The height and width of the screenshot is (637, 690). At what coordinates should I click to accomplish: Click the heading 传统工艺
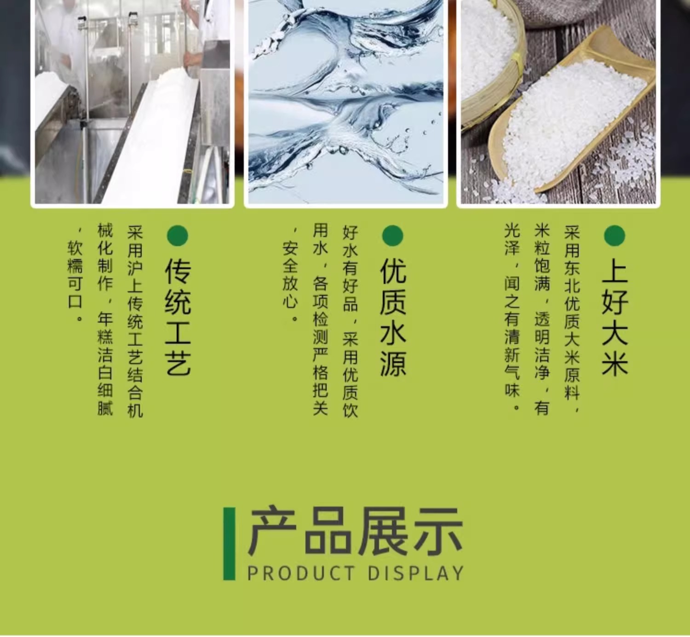pos(178,318)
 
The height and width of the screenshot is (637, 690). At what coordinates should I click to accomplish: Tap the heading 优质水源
pos(393,318)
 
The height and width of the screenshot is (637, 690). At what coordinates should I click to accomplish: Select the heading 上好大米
pos(615,318)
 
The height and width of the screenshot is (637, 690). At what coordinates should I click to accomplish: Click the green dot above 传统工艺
pos(178,235)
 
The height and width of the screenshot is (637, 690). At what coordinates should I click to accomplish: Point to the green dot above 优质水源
pos(392,235)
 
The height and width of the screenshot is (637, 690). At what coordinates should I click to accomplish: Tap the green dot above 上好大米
pos(615,235)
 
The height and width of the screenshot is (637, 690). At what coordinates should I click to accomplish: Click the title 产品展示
pos(355,532)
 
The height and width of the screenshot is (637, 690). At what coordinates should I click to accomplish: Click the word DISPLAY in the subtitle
pos(415,573)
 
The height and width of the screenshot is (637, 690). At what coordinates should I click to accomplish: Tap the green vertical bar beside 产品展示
pos(229,544)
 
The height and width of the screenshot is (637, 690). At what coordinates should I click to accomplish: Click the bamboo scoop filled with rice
pos(570,115)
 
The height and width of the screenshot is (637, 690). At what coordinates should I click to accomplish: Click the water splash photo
pos(346,102)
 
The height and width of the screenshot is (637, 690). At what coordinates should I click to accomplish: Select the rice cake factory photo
pos(132,102)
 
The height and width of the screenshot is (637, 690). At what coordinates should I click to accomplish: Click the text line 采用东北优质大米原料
pos(571,318)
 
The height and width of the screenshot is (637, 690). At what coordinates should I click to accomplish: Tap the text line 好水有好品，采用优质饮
pos(350,321)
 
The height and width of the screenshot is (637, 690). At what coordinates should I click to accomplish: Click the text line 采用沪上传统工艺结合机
pos(135,321)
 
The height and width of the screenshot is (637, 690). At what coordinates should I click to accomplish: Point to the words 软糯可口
pos(75,275)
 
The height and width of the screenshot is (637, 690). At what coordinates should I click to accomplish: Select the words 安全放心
pos(290,275)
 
